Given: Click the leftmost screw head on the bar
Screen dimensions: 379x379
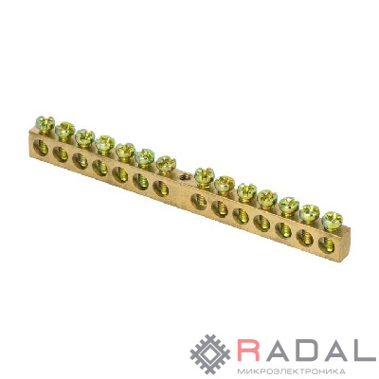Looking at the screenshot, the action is point(45,122).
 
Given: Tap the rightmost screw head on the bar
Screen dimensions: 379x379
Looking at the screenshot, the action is point(333,218).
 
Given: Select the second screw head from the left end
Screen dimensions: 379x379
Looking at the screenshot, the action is point(64,129).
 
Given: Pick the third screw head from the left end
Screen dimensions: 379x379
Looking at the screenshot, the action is point(84,136).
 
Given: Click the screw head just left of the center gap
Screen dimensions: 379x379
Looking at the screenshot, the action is point(166,162).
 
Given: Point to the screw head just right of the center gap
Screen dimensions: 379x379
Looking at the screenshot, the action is point(204,174).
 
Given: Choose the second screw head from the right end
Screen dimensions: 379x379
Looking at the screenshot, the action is point(310,212).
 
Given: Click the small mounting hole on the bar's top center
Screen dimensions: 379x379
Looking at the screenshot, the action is point(183,176).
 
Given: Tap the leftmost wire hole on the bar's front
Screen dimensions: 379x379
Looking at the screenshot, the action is point(41,148).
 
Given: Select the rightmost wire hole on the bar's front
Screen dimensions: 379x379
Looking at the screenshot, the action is point(327,245).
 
